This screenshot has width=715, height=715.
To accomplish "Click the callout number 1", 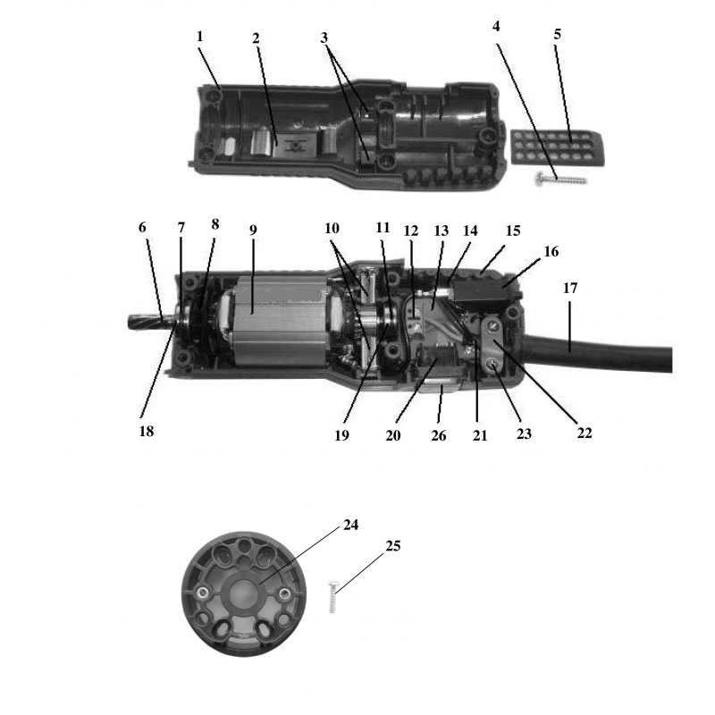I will point(199,37).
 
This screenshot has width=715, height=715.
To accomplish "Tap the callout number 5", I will point(557,36).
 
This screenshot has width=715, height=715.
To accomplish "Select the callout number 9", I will point(253,229).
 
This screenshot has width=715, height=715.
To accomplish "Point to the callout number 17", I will point(569,288).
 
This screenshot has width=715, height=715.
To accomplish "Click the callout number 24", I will point(350,525).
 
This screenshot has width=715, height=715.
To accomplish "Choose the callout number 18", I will point(147,431).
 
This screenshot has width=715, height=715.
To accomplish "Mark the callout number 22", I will point(585,433).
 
